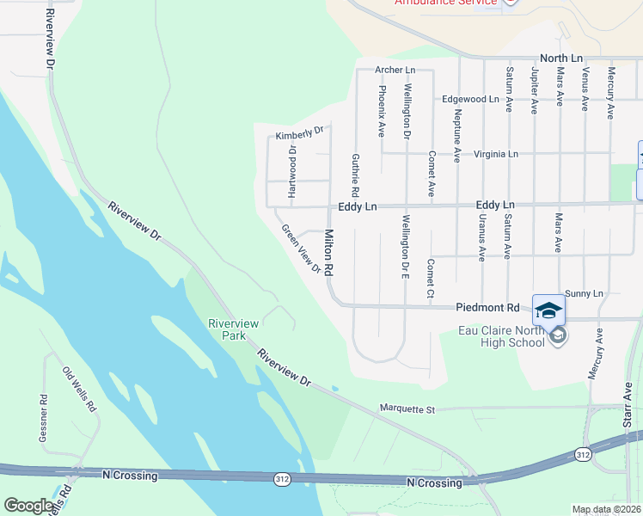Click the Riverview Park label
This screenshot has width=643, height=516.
tap(233, 329)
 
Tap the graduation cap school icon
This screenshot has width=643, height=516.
tap(548, 309)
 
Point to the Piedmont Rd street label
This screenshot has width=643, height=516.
tap(488, 307)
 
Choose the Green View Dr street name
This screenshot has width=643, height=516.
tap(302, 249)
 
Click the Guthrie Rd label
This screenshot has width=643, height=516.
tap(354, 172)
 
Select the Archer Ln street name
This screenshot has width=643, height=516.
tap(395, 70)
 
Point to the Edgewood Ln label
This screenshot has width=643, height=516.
tap(470, 99)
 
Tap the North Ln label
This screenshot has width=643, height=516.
tap(562, 58)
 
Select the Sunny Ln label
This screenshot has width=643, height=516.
tap(586, 294)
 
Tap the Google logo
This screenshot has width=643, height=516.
tap(28, 506)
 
